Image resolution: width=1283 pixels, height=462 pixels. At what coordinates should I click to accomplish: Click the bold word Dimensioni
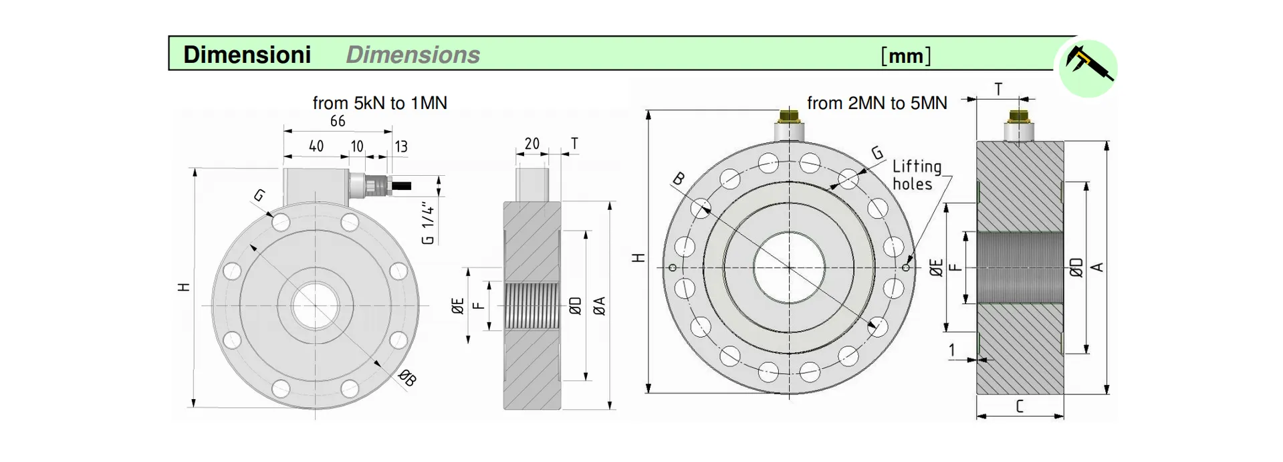(247, 55)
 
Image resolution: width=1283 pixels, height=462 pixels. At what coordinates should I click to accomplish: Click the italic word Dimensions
(413, 55)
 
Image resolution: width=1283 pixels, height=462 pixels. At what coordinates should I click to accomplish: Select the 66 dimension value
(338, 121)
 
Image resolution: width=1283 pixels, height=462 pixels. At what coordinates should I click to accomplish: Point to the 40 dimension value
(316, 146)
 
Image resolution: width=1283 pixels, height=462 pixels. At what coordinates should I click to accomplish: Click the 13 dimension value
(400, 146)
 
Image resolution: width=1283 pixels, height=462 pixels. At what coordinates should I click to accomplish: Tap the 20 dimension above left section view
(532, 144)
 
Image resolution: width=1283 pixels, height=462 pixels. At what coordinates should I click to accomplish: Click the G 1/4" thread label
(429, 223)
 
